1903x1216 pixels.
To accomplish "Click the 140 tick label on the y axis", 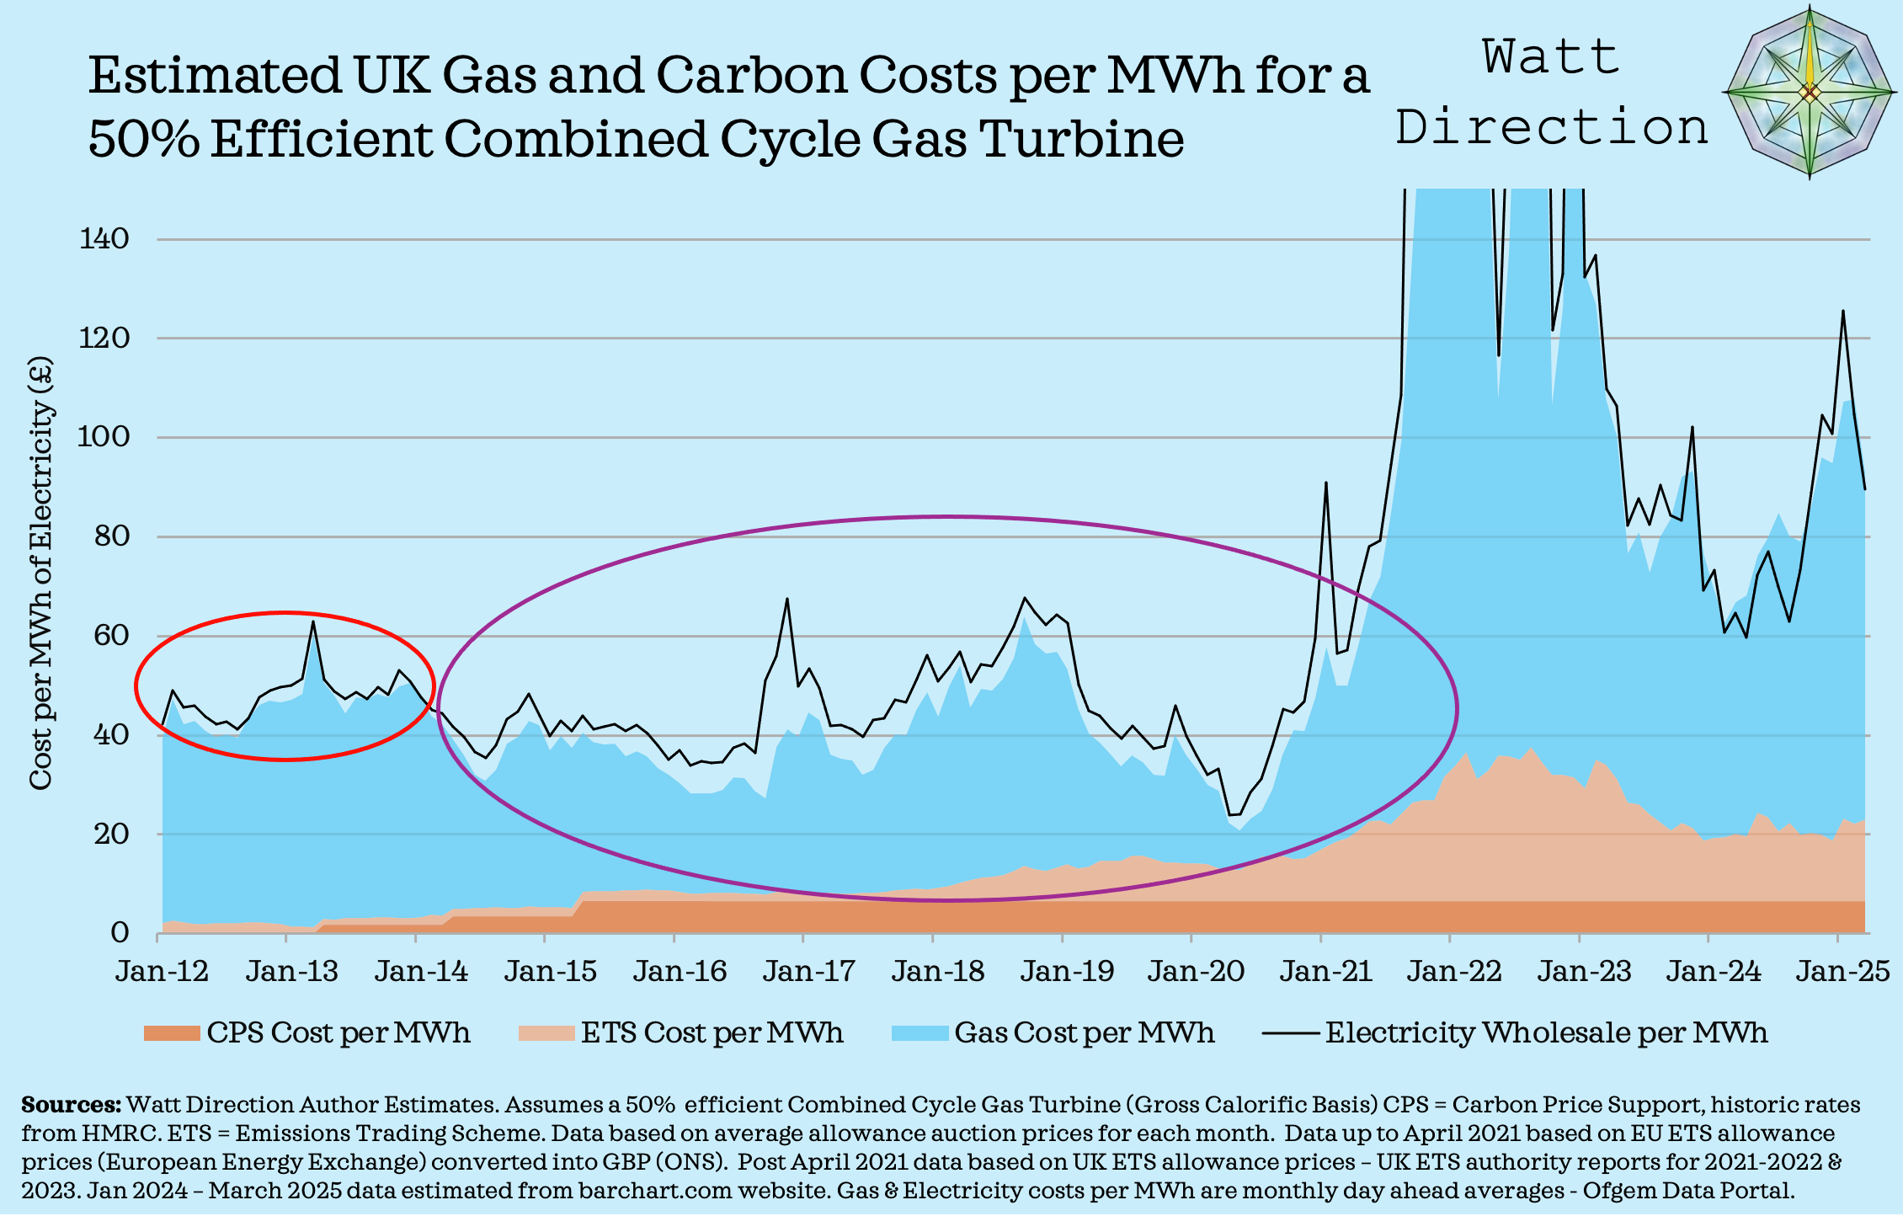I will (x=104, y=239).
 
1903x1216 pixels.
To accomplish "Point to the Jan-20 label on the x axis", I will (x=1196, y=971).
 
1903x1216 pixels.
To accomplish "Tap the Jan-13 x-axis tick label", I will (x=291, y=971).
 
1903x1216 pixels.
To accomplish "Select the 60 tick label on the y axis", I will (x=110, y=636).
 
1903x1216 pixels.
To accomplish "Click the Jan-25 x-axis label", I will (x=1842, y=971).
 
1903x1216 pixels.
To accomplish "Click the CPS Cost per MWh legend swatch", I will (x=171, y=1033).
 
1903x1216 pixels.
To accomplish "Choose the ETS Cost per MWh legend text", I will (x=712, y=1033).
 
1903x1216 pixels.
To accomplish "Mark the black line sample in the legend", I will (x=1290, y=1033).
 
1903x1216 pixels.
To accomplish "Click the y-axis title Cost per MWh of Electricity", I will (x=40, y=573).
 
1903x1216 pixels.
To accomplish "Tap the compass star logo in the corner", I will (x=1809, y=92).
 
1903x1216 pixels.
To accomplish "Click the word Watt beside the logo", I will (x=1550, y=57).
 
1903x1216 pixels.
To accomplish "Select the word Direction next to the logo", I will (x=1550, y=128).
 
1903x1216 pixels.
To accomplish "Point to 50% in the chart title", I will (x=143, y=139).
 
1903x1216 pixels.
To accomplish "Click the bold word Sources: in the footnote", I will (x=71, y=1105).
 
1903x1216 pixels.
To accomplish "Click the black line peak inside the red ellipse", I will (x=312, y=622).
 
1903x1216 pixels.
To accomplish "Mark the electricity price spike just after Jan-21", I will (x=1325, y=483).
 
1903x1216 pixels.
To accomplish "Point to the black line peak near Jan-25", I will (x=1842, y=312).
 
